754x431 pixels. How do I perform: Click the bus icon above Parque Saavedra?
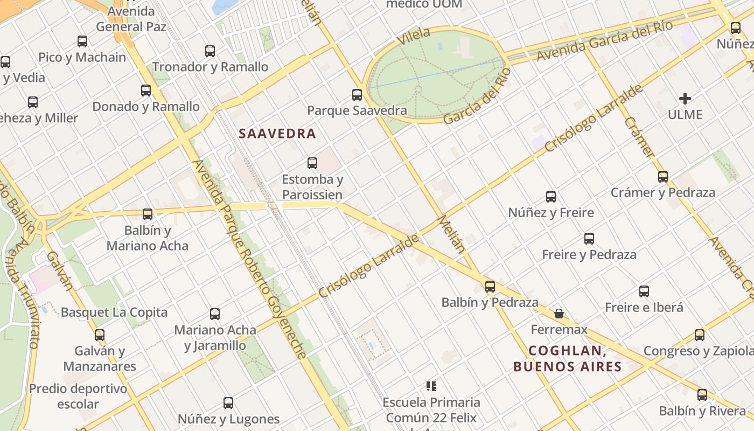tap(357, 95)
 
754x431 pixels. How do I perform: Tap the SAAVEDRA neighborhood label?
tap(277, 134)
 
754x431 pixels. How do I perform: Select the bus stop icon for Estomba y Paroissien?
tap(312, 163)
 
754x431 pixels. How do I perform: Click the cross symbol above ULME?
tap(685, 99)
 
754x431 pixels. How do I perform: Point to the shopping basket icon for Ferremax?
tap(559, 313)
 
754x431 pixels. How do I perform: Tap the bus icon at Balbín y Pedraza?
tap(490, 287)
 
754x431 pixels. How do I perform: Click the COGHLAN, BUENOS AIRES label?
tap(568, 359)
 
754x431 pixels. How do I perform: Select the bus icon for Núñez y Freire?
tap(550, 197)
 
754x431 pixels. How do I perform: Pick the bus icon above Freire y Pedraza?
tap(589, 239)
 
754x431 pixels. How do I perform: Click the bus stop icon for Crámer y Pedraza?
tap(662, 177)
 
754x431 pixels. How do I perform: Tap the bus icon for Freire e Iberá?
tap(644, 292)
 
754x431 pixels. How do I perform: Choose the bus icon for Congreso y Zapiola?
tap(699, 335)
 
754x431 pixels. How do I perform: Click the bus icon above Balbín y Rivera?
tap(702, 395)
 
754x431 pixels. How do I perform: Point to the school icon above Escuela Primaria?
tap(431, 386)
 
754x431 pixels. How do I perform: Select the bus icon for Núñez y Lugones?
tap(228, 403)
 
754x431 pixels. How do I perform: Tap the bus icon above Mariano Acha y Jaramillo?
tap(215, 314)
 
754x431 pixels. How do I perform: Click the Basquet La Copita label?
tap(114, 312)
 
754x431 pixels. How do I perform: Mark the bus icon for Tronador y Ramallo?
tap(210, 51)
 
